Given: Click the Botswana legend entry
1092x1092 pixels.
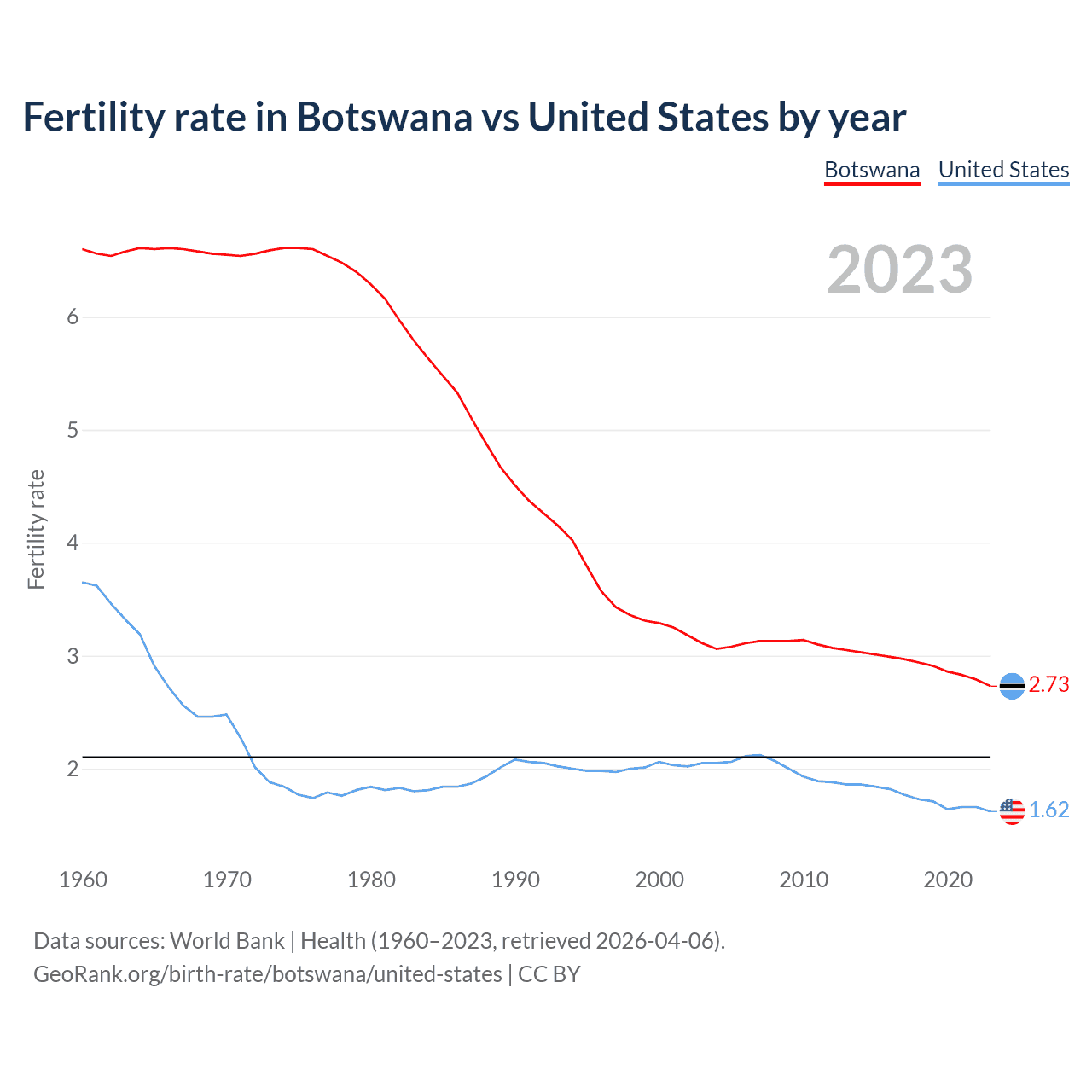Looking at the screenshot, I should point(871,170).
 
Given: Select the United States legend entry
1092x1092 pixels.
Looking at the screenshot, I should point(1003,170).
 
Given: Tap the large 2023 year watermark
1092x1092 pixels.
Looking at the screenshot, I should point(899,270).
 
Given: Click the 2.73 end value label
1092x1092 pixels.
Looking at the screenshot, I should point(1048,685).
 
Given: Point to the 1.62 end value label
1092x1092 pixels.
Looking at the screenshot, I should point(1048,810).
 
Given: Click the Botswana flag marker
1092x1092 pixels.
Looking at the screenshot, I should point(1012,686).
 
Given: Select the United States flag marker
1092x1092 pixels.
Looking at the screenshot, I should point(1012,810).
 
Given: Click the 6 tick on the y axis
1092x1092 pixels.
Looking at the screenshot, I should point(73,317).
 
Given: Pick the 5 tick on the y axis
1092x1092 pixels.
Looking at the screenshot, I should point(73,431).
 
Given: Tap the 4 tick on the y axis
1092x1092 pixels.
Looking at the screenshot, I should point(73,543).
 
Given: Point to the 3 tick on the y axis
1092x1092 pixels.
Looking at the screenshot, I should point(73,656).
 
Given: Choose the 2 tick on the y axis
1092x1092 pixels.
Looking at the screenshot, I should point(73,770).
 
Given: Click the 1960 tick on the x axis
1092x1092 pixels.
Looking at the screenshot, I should point(83,880).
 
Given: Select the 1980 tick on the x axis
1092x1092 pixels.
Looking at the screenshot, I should point(371,880).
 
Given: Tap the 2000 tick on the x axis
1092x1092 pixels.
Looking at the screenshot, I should point(659,880).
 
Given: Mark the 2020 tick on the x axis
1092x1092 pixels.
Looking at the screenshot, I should point(948,880).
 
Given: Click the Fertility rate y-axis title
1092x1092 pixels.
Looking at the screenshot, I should point(36,529).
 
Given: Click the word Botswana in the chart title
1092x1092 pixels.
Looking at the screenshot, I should point(383,118).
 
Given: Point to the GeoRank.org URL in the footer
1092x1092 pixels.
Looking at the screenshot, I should point(267,974).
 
